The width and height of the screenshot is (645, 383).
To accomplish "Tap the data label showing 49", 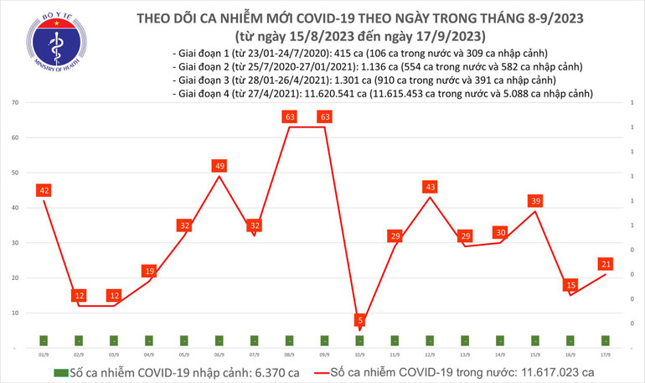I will [x=219, y=166].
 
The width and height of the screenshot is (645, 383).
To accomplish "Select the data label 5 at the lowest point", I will [x=359, y=320].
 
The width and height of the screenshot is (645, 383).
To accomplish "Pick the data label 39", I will [x=535, y=200].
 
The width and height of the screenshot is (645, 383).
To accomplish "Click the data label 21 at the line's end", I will [x=606, y=263].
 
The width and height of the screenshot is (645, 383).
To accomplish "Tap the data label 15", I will [x=570, y=285].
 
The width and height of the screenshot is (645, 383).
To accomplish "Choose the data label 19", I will [x=148, y=271].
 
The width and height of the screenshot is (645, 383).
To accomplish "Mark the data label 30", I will [x=500, y=232].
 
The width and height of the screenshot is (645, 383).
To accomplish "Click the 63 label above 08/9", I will [x=289, y=117].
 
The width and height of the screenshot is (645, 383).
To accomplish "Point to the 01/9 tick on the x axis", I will [x=43, y=355].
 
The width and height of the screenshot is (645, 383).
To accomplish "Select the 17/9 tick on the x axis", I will [x=606, y=355].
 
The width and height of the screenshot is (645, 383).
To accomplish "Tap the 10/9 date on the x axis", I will [x=359, y=355].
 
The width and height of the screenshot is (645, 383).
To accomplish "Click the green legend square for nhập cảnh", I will [x=60, y=371].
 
